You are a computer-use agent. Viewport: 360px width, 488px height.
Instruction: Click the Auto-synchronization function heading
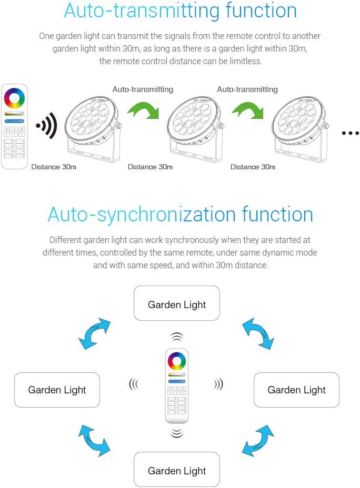pyautogui.click(x=180, y=215)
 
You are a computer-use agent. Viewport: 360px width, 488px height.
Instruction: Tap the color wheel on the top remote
pyautogui.click(x=14, y=99)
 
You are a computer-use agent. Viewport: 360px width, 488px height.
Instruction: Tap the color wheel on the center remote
pyautogui.click(x=177, y=361)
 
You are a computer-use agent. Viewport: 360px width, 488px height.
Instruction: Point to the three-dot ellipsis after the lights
pyautogui.click(x=350, y=134)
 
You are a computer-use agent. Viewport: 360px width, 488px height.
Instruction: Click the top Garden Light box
pyautogui.click(x=177, y=303)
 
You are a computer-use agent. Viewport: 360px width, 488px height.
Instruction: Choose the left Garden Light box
pyautogui.click(x=57, y=390)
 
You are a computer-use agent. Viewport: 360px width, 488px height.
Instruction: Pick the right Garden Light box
pyautogui.click(x=296, y=390)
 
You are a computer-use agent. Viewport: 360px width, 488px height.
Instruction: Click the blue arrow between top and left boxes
pyautogui.click(x=95, y=333)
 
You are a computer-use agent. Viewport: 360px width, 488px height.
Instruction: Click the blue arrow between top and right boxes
pyautogui.click(x=258, y=333)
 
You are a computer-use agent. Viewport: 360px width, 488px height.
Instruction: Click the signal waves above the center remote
pyautogui.click(x=177, y=337)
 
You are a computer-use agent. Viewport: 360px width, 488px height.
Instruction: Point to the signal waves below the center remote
pyautogui.click(x=177, y=433)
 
